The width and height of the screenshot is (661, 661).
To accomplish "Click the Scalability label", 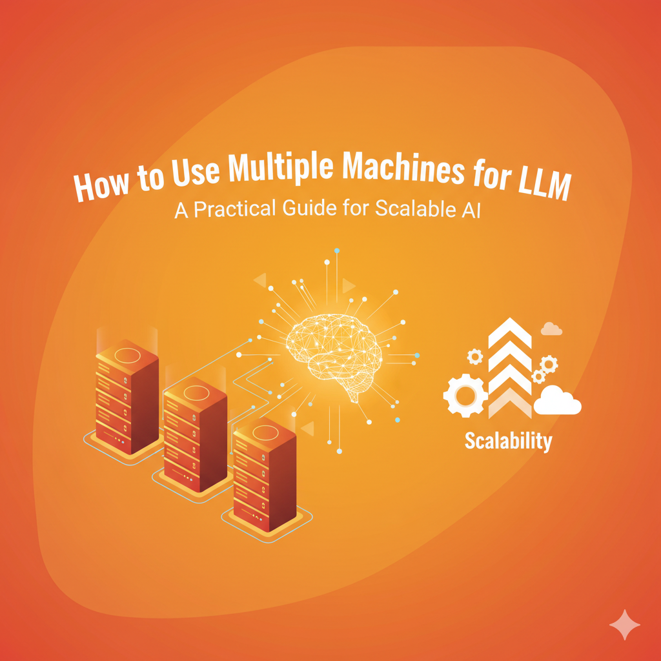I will (x=508, y=442).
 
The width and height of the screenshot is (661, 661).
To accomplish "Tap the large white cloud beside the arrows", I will (x=558, y=401).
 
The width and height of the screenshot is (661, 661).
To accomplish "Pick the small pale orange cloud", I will (x=551, y=329).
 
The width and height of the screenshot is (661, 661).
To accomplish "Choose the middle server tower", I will (x=195, y=434).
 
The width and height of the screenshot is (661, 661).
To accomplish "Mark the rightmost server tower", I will (x=264, y=476).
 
